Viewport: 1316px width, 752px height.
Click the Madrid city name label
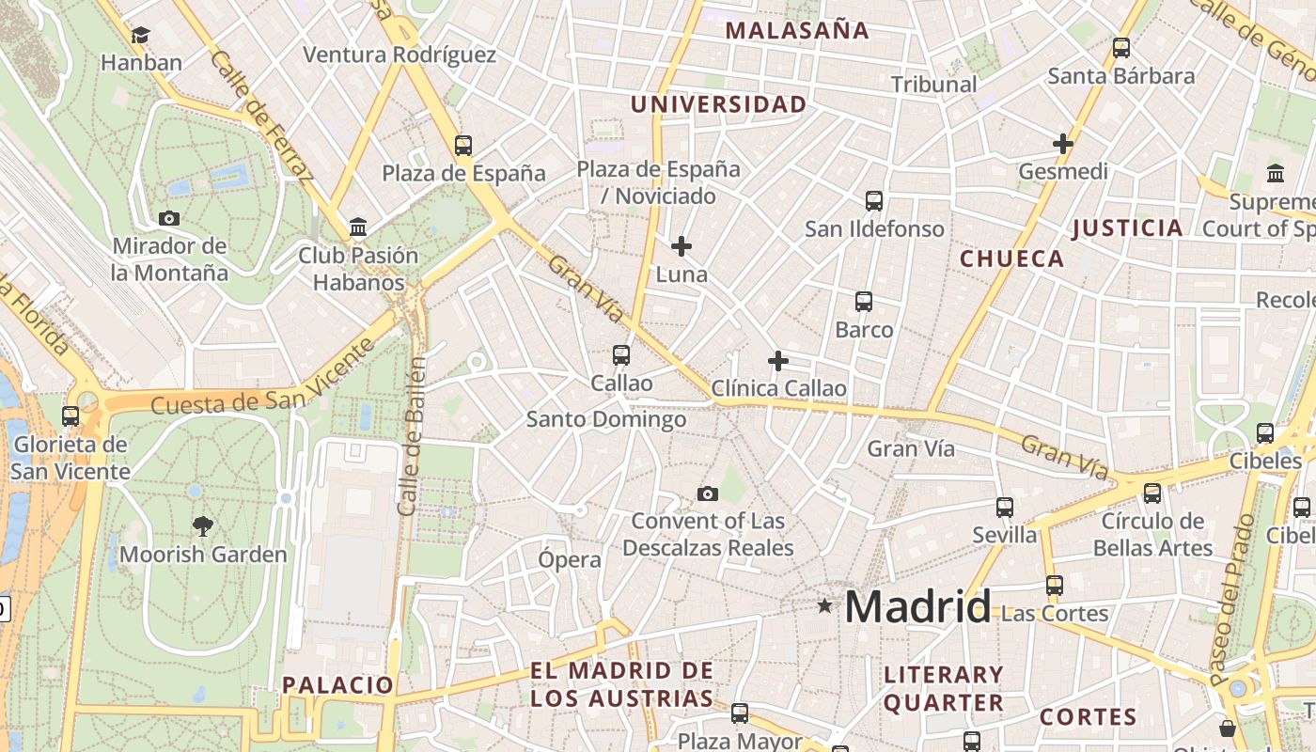pyautogui.click(x=917, y=606)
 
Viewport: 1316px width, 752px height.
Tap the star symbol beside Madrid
pyautogui.click(x=825, y=606)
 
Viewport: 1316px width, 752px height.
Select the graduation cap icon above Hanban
pyautogui.click(x=141, y=35)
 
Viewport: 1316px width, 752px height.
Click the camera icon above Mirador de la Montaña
pyautogui.click(x=169, y=218)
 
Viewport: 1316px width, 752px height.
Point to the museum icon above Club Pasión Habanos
pyautogui.click(x=358, y=227)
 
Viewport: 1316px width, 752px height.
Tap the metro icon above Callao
pyautogui.click(x=621, y=355)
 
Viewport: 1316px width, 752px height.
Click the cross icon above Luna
pyautogui.click(x=681, y=247)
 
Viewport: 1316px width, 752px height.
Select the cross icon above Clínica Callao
pyautogui.click(x=778, y=361)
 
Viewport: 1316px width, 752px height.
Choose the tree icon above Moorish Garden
pyautogui.click(x=202, y=525)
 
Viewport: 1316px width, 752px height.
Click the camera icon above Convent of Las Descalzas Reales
pyautogui.click(x=708, y=493)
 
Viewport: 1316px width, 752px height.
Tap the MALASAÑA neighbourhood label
pyautogui.click(x=797, y=30)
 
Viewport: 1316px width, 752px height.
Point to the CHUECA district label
pyautogui.click(x=1011, y=258)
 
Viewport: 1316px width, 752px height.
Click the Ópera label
pyautogui.click(x=570, y=559)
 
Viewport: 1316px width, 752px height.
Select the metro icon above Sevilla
pyautogui.click(x=1005, y=508)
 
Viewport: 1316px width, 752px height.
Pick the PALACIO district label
pyautogui.click(x=337, y=684)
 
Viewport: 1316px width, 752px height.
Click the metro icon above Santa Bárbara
pyautogui.click(x=1121, y=48)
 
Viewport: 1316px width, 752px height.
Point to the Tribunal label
pyautogui.click(x=933, y=84)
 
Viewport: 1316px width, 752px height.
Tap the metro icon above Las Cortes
pyautogui.click(x=1055, y=586)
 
